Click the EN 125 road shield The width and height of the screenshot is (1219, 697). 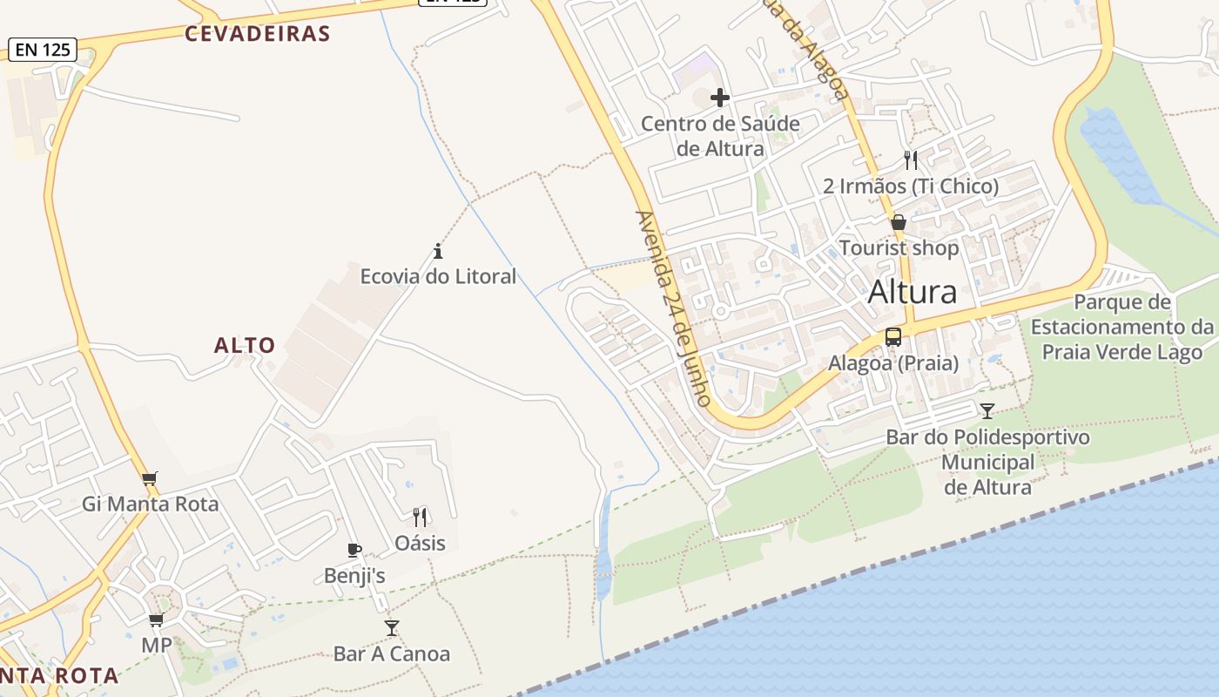pos(43,50)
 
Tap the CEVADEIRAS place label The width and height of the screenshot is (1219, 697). pos(258,34)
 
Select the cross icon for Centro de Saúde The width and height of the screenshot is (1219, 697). pos(720,98)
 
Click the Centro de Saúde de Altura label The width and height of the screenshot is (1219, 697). pos(720,136)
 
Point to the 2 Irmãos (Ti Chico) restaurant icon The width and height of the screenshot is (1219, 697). pos(911,159)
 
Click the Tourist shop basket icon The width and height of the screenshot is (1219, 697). pos(899,223)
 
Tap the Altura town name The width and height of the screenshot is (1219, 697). pos(913,292)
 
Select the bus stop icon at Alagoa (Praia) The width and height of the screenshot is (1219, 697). pos(893,337)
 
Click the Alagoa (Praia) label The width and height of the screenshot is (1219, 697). pos(893,362)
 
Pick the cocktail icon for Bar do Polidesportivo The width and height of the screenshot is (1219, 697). pos(987,411)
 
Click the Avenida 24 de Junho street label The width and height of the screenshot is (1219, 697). pos(675,308)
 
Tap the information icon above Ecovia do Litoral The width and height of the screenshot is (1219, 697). pos(438,252)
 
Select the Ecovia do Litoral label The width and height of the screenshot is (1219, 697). pos(438,276)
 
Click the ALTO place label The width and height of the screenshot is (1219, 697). pos(245,346)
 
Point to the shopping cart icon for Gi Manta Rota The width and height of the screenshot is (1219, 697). pos(150,478)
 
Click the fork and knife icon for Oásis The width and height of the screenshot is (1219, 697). pos(420,518)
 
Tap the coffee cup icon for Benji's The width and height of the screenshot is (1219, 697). pos(354,550)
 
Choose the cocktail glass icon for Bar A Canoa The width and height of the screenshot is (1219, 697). pos(392,627)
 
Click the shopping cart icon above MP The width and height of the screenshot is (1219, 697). pos(156,619)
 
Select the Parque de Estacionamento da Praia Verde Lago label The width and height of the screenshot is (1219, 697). pos(1122,327)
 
